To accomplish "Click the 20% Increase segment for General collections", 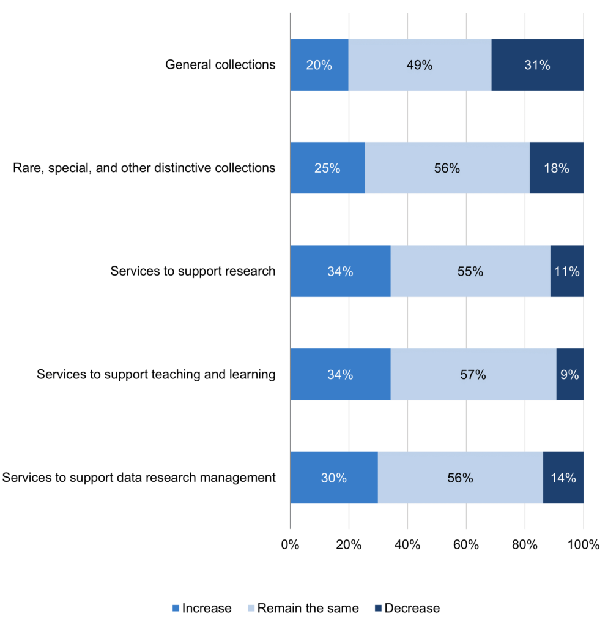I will coord(319,65).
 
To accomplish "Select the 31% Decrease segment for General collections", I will coord(537,65).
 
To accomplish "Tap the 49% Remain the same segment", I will coord(420,65).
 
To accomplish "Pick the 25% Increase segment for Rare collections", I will coord(327,168).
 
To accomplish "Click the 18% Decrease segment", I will coord(556,168).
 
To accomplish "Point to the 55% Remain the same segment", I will coord(470,271).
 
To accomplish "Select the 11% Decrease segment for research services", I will coord(567,271).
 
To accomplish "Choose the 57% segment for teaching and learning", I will coord(473,374).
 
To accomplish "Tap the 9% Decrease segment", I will coord(569,374).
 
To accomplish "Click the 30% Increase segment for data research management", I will coord(333,478).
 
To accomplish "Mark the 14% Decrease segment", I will coord(563,478).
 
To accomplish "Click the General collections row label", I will coord(220,64).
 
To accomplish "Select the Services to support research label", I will coord(193,271).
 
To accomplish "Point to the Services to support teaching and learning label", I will coord(155,374).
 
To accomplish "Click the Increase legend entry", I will coord(202,608).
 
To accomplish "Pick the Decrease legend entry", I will coord(406,608).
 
